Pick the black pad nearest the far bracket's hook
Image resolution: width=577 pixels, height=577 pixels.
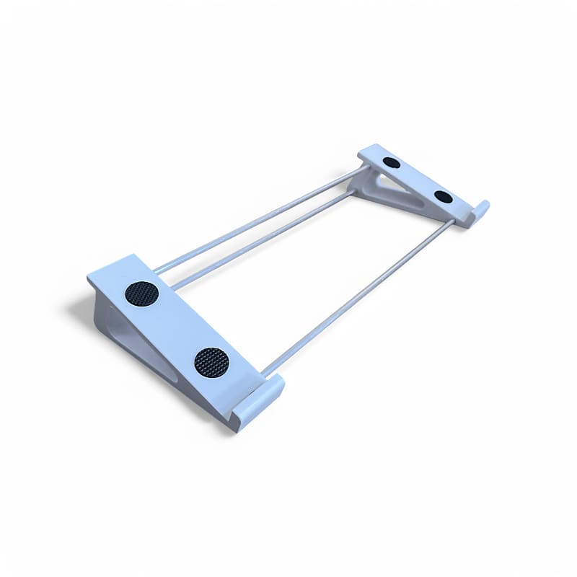tap(444, 197)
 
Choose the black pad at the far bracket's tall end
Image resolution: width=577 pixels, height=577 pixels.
tap(392, 162)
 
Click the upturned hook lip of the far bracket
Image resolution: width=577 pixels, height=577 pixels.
tap(480, 211)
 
